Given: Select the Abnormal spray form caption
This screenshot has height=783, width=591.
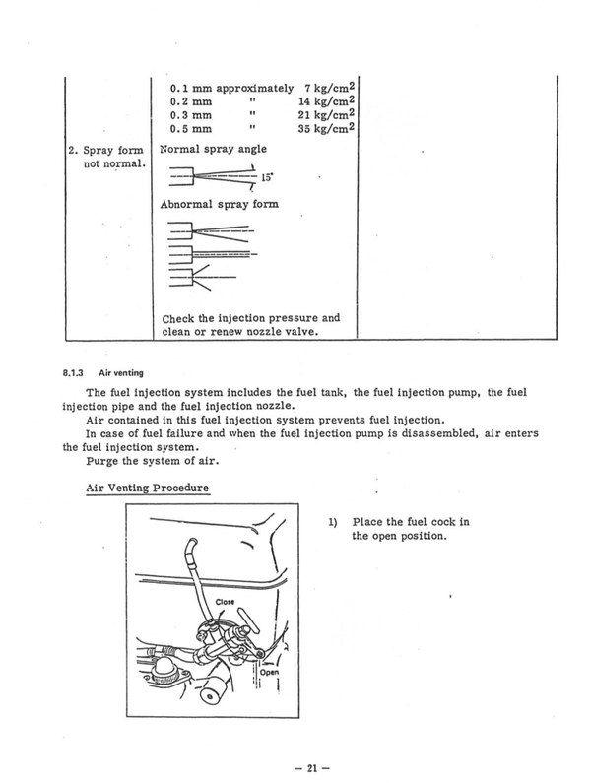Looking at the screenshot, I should (x=220, y=205).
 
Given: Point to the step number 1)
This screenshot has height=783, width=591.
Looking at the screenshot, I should (x=333, y=522).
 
